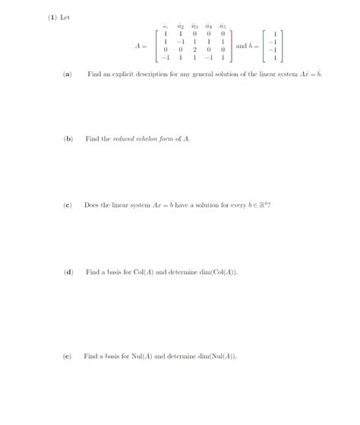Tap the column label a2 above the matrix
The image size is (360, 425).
[x=180, y=26]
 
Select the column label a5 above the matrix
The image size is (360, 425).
[x=223, y=26]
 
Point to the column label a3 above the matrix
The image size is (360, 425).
[x=194, y=26]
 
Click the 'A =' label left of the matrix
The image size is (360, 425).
[x=141, y=46]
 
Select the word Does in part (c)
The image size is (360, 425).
[x=92, y=205]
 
